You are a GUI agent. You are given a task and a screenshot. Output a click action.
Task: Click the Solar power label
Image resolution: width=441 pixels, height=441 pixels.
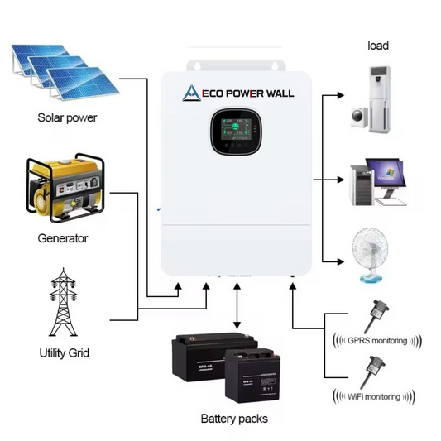(67, 117)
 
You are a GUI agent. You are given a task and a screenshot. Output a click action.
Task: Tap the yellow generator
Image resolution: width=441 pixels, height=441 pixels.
(62, 189)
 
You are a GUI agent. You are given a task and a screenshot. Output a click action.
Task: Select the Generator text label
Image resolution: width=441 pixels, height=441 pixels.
(63, 238)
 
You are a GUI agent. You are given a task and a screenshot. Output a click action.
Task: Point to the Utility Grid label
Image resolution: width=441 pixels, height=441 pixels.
(64, 353)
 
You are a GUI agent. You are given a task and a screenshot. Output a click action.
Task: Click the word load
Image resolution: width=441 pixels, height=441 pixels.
(378, 46)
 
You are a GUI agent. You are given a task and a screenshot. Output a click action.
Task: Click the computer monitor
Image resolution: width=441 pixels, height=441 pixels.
(394, 176)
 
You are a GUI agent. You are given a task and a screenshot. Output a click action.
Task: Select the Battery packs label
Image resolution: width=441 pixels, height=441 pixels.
(234, 419)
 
